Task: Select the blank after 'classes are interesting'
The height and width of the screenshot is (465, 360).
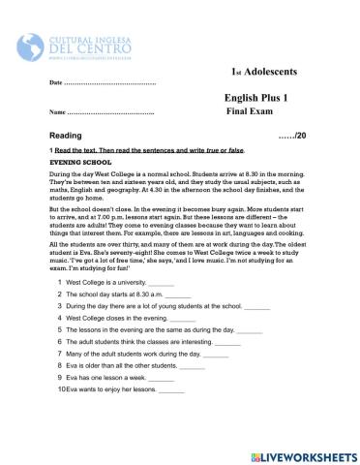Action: [x=227, y=342]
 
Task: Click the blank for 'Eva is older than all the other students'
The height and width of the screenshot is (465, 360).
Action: [x=192, y=366]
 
